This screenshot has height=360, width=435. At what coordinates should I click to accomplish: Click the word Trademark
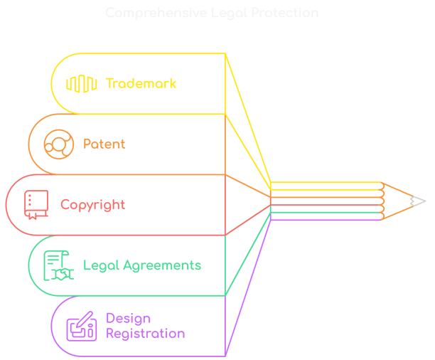[141, 83]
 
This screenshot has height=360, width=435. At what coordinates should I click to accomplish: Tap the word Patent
[104, 144]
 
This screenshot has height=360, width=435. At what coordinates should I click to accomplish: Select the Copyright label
[92, 205]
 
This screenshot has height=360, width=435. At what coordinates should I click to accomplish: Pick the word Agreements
[162, 266]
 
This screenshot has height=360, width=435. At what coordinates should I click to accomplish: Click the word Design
[129, 318]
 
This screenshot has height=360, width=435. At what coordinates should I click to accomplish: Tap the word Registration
[146, 333]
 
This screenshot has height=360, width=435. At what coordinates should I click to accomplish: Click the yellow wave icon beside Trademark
[81, 83]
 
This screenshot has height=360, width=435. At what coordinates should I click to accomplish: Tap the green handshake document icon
[58, 266]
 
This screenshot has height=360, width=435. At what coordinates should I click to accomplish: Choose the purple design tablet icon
[81, 326]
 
